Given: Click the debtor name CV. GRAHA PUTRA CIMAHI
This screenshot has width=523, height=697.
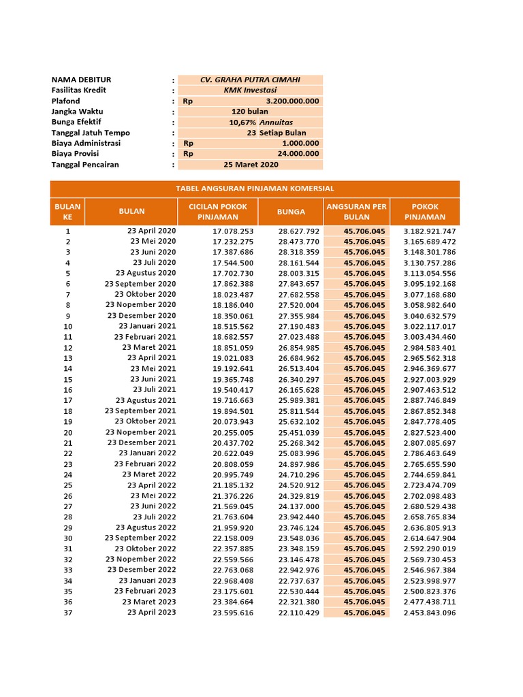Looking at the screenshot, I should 250,80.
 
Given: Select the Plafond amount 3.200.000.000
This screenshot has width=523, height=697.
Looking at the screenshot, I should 292,101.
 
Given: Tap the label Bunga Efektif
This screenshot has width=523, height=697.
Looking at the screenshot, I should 76,122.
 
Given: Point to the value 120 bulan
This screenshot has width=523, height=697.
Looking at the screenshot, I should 250,111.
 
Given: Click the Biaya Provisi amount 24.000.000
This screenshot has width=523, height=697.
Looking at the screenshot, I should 300,154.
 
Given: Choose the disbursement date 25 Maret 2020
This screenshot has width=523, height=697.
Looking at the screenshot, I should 251,165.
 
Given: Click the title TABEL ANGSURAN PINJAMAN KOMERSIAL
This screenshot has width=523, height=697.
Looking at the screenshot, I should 255,189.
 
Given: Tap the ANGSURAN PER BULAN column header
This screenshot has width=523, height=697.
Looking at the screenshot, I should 357,212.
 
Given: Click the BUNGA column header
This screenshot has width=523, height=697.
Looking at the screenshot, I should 291,212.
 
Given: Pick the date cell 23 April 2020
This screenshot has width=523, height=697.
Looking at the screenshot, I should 151,231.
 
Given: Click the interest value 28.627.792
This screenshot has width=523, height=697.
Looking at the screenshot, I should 298,231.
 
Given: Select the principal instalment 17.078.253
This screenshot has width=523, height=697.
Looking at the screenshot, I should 233,231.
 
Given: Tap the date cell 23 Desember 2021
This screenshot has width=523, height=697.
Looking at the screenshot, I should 142,442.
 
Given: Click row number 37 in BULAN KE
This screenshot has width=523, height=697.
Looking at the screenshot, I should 68,613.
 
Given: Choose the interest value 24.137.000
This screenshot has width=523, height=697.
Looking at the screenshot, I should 298,506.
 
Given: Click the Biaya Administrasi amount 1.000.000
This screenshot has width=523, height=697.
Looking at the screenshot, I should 300,144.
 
